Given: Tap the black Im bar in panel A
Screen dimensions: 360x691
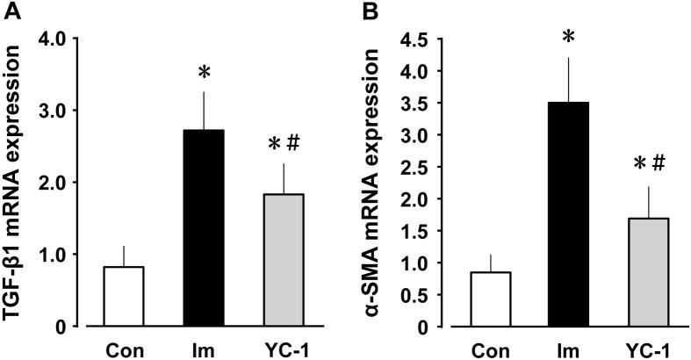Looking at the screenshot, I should coord(204,228).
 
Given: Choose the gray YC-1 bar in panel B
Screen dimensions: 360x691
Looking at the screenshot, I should coord(628,272).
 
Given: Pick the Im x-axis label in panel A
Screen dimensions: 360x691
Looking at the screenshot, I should coord(204,346).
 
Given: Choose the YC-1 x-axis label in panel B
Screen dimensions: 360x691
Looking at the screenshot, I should coord(628,346).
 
